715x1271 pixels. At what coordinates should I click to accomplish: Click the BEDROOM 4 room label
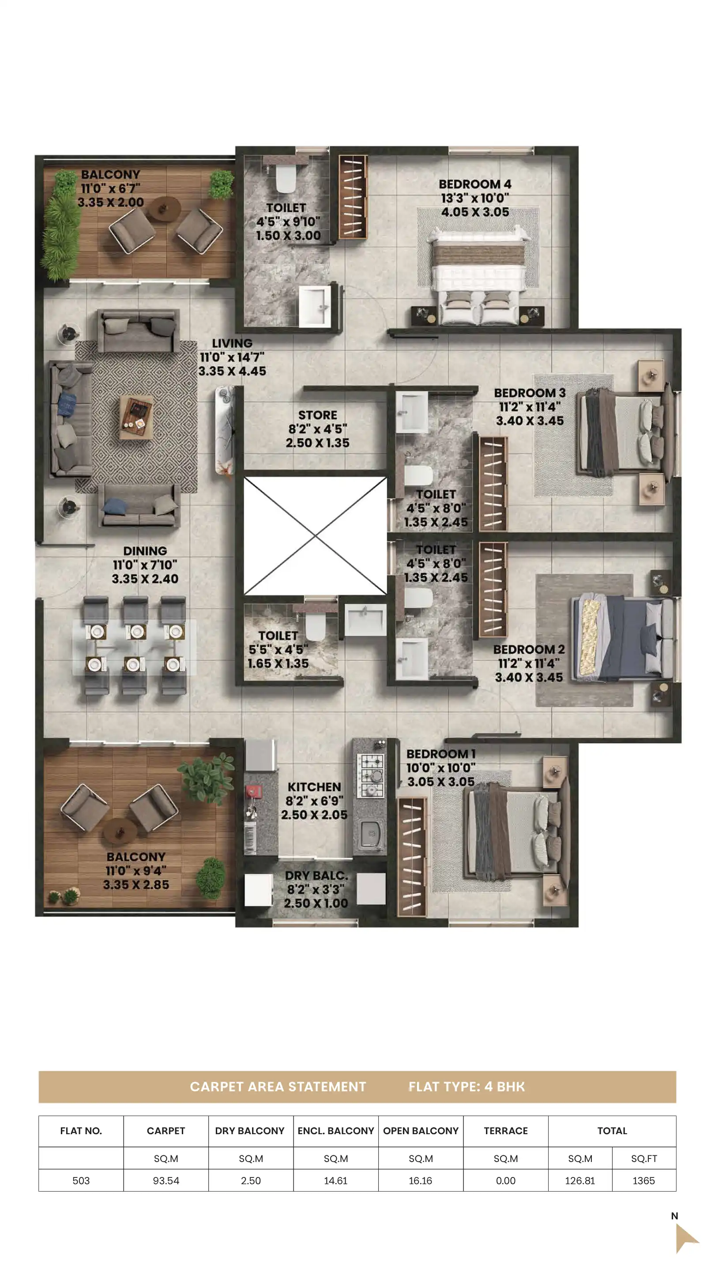pos(475,184)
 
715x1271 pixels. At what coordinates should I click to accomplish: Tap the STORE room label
pos(317,415)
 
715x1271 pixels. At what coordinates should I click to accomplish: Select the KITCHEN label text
pos(314,787)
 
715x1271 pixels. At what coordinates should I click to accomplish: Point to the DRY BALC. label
pos(316,876)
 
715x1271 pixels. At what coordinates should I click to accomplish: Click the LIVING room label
pos(232,343)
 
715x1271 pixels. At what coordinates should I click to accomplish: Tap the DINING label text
pos(145,551)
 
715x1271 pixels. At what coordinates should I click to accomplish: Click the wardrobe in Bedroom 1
pos(411,856)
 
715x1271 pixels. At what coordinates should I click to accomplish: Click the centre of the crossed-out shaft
pos(315,535)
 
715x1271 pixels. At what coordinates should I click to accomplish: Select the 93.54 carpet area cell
pos(166,1181)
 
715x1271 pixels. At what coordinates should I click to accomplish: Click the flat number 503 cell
pos(81,1181)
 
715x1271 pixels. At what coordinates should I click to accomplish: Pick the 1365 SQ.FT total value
pos(643,1181)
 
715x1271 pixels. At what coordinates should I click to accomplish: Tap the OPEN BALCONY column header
pos(421,1131)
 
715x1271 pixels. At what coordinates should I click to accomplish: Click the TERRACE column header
pos(505,1131)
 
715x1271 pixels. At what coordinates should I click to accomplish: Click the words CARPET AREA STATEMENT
pos(278,1087)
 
